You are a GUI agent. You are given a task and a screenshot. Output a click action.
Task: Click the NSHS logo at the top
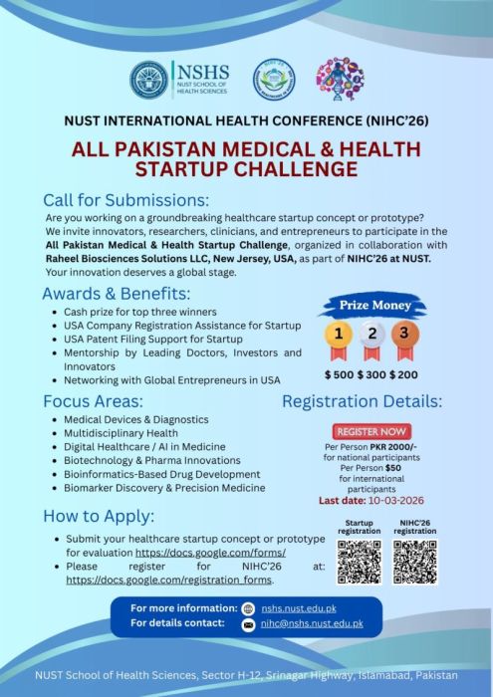[x=179, y=79]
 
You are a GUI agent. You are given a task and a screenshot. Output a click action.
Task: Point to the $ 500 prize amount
[x=341, y=374]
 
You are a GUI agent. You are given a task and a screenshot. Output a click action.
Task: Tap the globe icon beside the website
[x=249, y=607]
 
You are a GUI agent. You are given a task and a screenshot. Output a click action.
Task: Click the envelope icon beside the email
[x=249, y=624]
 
